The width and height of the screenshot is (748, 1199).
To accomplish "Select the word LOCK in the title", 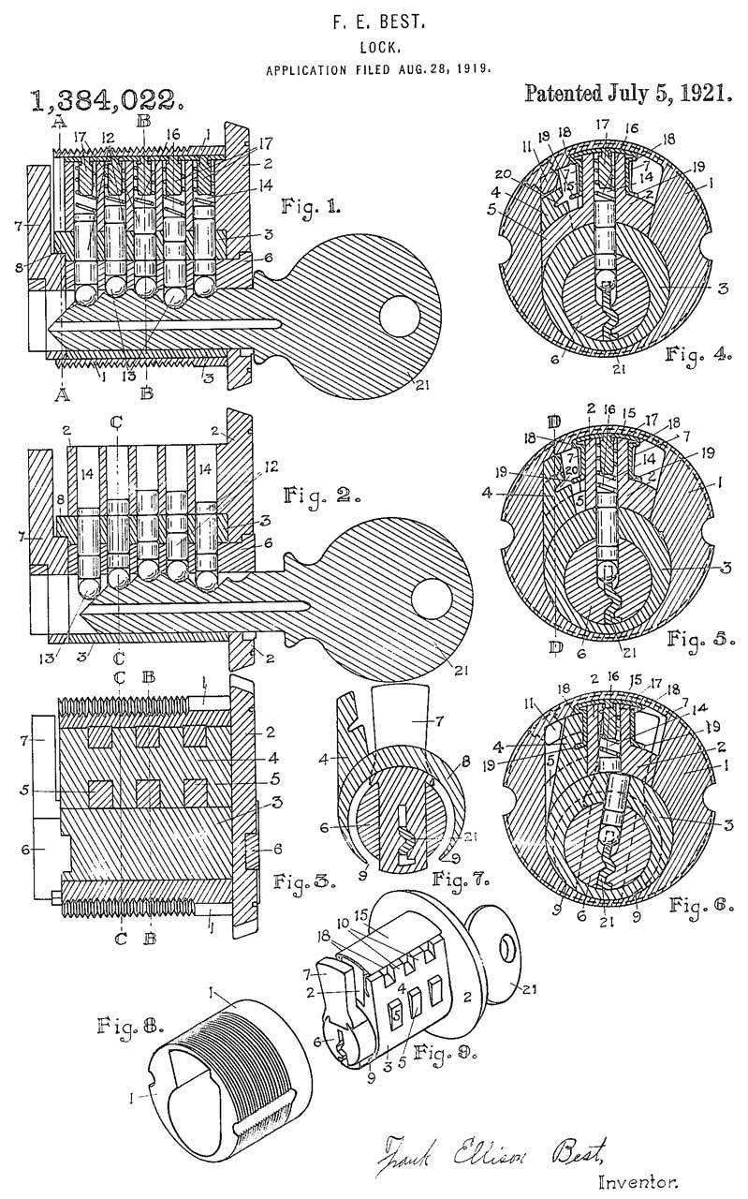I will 375,46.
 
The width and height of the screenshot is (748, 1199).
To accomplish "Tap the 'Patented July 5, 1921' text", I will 628,95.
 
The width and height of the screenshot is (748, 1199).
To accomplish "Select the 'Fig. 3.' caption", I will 299,881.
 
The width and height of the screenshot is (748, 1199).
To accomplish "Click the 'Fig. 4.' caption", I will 696,355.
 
